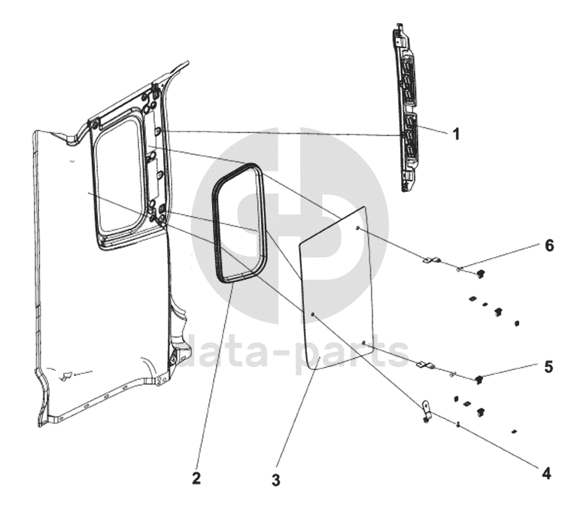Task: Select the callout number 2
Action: click(196, 477)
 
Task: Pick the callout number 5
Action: click(548, 366)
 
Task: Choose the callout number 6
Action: click(549, 246)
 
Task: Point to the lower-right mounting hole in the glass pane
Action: click(363, 343)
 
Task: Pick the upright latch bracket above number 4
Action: click(427, 411)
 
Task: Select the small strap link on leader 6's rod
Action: click(431, 261)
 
